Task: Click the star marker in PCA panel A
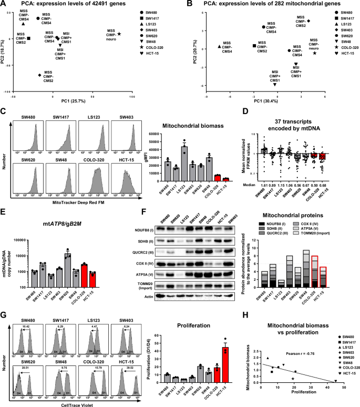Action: [x=119, y=34]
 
